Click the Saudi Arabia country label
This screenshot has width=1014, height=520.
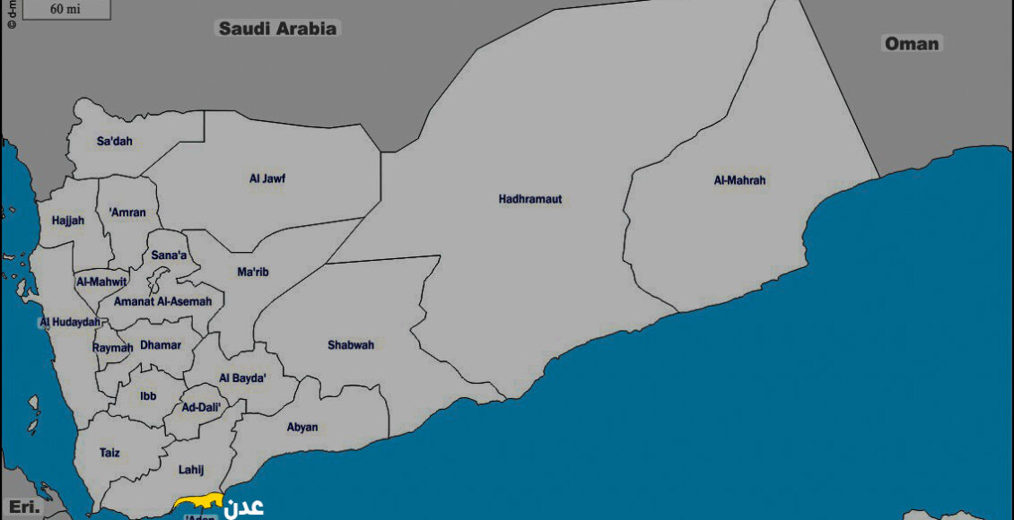click(278, 29)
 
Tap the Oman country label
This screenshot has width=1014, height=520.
click(912, 43)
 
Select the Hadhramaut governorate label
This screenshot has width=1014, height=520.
click(530, 199)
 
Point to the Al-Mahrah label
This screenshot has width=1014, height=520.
click(739, 180)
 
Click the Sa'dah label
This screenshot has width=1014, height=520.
click(114, 141)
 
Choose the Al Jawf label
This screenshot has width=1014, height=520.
click(267, 178)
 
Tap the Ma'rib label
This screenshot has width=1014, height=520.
click(253, 272)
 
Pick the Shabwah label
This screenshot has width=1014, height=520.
click(351, 345)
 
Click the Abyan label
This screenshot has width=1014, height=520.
click(302, 428)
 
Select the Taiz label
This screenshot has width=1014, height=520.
click(109, 454)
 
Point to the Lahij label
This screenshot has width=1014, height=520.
click(192, 470)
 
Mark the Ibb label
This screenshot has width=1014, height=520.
click(148, 396)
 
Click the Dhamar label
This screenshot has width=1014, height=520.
click(161, 344)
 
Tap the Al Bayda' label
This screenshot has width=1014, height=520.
click(242, 378)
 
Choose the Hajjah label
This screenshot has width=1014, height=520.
click(67, 220)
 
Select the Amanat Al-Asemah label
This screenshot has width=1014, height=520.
click(162, 302)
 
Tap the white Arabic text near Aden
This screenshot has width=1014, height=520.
click(244, 507)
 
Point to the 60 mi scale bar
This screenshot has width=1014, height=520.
click(65, 10)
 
